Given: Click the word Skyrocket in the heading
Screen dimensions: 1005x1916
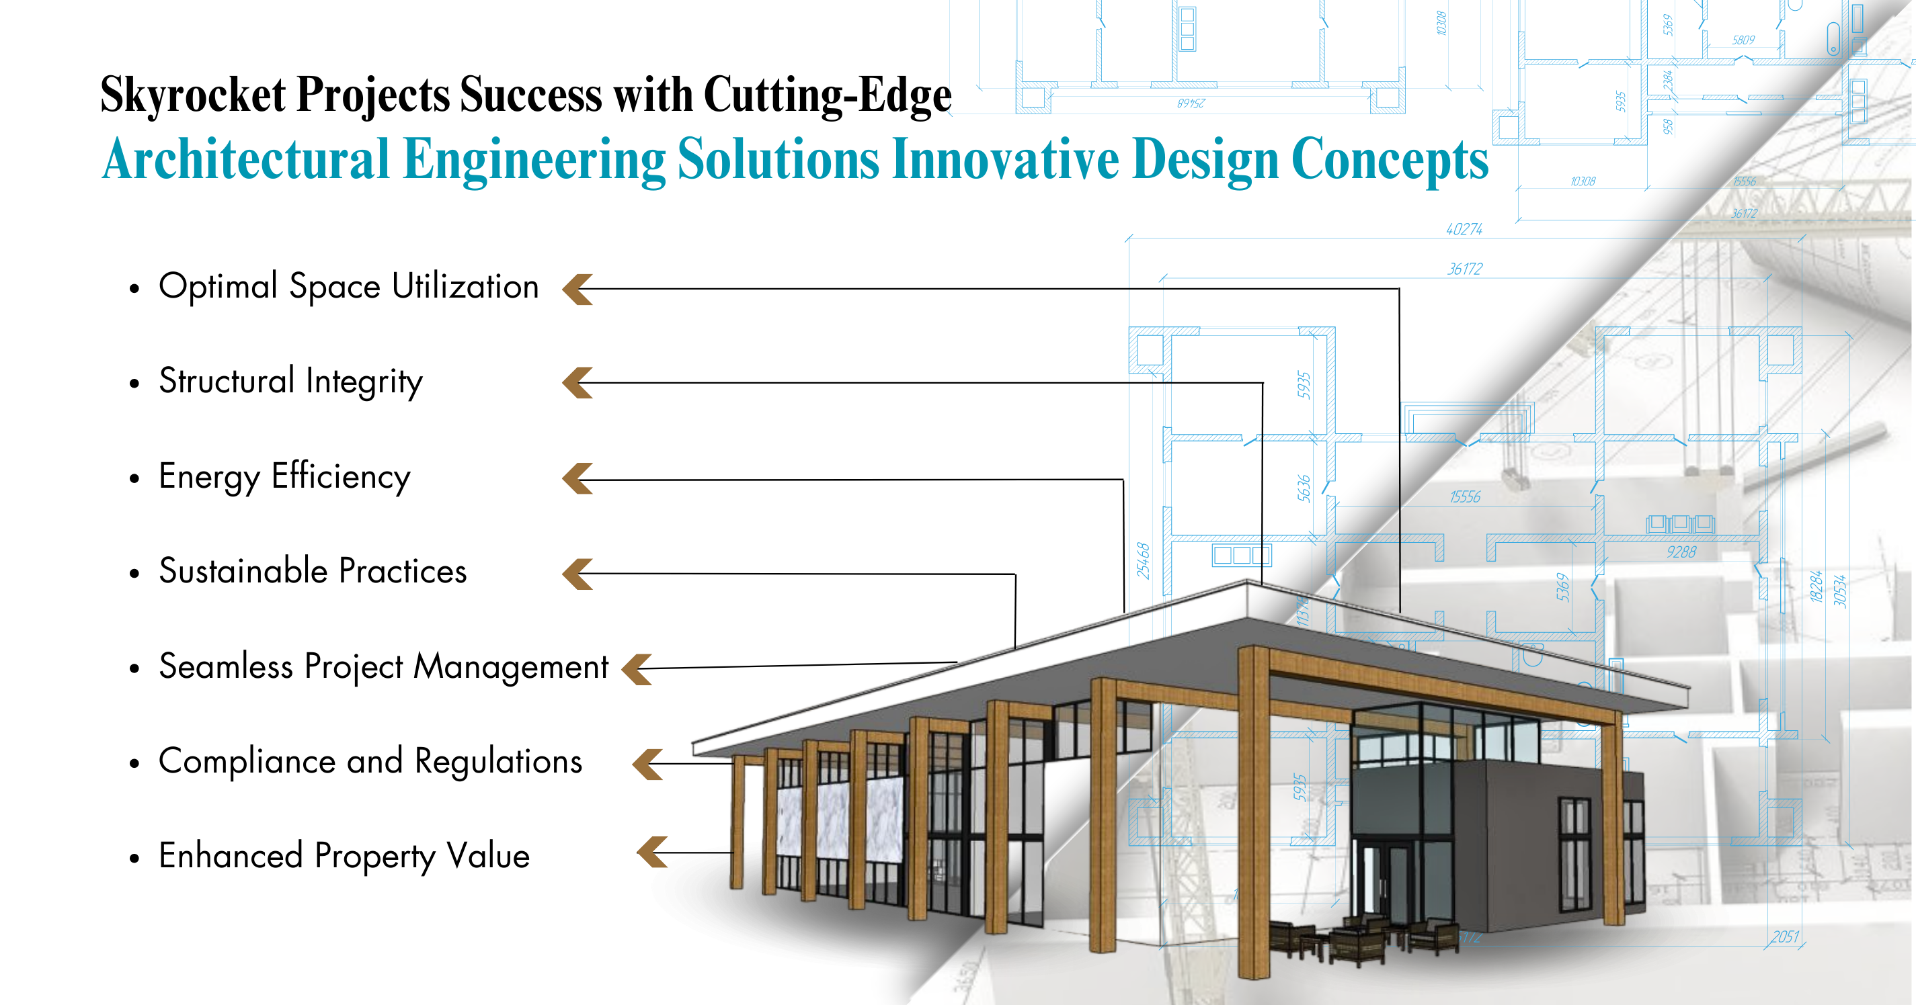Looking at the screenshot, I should point(193,95).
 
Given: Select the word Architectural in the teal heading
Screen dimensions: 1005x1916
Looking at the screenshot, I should point(245,159).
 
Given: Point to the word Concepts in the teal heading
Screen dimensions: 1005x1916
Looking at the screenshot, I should point(1390,159).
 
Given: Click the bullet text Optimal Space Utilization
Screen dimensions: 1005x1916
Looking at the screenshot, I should point(348,287).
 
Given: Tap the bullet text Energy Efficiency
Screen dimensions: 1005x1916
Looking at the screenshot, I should point(284,476).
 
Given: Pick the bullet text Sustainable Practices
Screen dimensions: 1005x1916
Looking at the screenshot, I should point(313,572).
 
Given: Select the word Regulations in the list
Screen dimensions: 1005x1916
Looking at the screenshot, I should point(498,761).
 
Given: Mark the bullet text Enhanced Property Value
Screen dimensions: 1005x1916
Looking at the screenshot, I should point(344,857).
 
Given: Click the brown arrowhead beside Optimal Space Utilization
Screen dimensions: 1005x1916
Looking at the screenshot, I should point(578,289).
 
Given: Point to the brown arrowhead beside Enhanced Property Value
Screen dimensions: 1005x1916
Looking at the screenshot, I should point(653,852).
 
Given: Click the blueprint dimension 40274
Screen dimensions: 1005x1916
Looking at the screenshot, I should point(1464,230).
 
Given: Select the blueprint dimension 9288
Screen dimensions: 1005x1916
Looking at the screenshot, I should point(1681,552).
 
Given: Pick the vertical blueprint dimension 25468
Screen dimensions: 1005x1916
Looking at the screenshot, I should point(1143,560).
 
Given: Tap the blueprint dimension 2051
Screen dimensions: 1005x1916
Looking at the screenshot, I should point(1784,936).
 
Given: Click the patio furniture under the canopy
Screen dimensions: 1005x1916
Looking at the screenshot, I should point(1361,940).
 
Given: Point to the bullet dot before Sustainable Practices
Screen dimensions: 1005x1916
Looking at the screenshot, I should point(134,573).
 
